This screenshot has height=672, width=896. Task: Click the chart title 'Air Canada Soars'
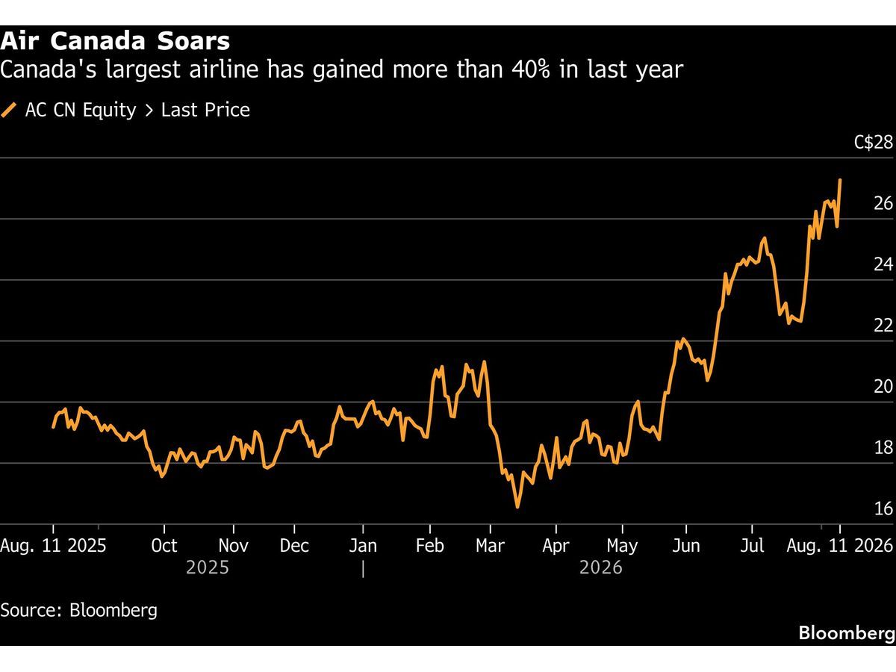click(x=115, y=41)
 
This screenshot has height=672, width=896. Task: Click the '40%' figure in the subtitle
click(x=530, y=69)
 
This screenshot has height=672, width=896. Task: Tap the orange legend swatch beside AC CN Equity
click(x=8, y=111)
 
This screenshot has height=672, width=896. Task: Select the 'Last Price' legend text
click(x=205, y=110)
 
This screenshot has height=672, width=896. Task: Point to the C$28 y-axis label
click(x=874, y=143)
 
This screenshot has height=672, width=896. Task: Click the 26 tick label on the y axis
click(x=883, y=203)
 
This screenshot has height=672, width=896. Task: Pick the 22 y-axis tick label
click(x=883, y=326)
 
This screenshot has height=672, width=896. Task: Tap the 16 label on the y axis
click(x=883, y=508)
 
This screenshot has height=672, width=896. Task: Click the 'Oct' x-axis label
click(x=164, y=546)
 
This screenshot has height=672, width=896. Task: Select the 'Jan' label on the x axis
click(x=363, y=546)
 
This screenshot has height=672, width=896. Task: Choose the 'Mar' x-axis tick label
click(x=490, y=546)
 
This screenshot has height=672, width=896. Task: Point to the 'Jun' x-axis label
click(x=685, y=546)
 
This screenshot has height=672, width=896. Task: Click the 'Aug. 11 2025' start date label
click(x=53, y=546)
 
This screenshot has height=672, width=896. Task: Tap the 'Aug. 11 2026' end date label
click(x=840, y=546)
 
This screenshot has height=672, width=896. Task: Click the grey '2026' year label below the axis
click(x=601, y=567)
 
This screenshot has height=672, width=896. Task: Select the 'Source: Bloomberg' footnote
click(x=79, y=610)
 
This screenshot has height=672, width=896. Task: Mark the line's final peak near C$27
click(x=840, y=179)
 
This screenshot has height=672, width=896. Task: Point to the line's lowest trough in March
click(x=517, y=507)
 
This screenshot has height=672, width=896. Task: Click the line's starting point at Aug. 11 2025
click(x=53, y=427)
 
